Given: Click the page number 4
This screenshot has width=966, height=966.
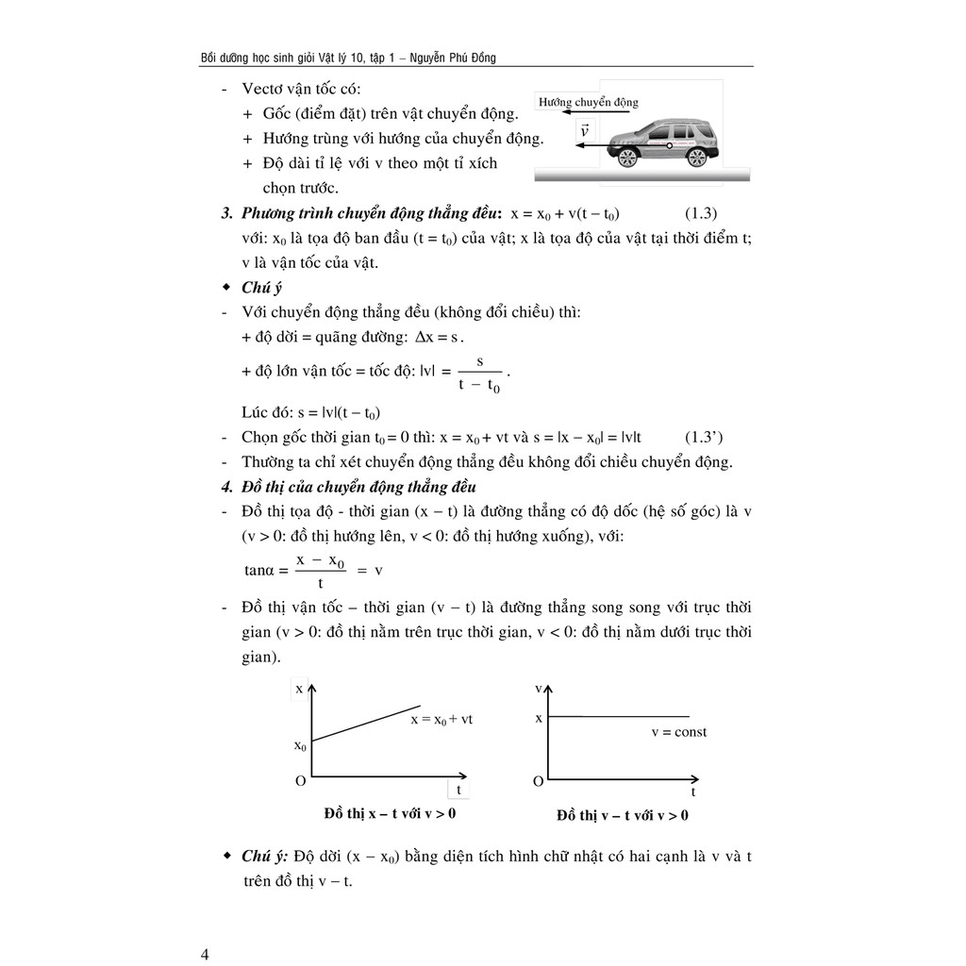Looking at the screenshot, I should coord(205,954).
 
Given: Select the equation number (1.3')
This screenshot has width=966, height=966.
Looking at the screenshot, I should coord(702,437).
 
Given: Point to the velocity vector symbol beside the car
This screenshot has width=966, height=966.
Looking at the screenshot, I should coord(585,131).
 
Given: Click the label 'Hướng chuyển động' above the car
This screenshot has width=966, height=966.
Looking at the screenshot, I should coord(588,102).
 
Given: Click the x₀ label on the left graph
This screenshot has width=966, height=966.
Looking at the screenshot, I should coord(300,746).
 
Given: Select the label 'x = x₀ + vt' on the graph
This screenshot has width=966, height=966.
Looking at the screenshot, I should coord(441,719).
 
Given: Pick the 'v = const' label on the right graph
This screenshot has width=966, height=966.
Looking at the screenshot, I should coord(678,732).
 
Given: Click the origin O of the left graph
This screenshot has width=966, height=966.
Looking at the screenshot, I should coord(300,781).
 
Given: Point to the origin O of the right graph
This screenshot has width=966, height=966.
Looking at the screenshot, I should coord(538,781).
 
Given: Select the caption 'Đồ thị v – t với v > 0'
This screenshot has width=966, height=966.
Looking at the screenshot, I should coord(623,815).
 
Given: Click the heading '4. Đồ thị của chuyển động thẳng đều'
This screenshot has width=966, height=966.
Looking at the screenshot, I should coord(348,487).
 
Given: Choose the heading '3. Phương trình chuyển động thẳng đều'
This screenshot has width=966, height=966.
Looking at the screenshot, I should coord(363,213).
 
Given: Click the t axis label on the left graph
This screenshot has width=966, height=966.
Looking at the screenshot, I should coord(459,789).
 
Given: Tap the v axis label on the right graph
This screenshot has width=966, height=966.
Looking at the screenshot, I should coord(539,690).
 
